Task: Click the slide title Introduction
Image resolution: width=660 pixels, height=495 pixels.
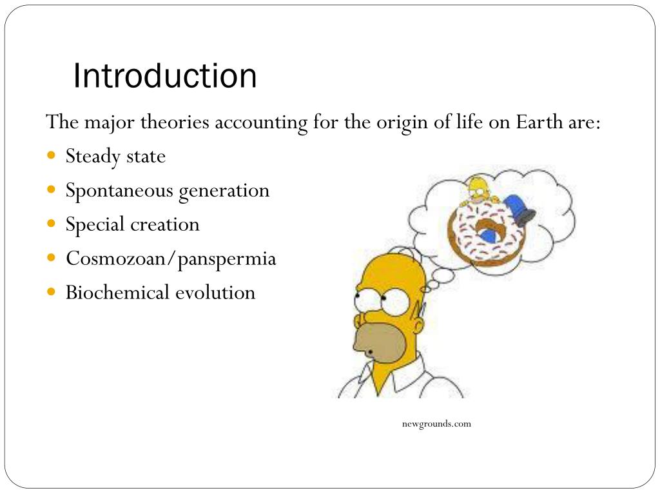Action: pyautogui.click(x=165, y=76)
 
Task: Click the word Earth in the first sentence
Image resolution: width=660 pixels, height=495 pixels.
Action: pyautogui.click(x=539, y=122)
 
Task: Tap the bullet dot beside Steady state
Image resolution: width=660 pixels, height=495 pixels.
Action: pyautogui.click(x=52, y=156)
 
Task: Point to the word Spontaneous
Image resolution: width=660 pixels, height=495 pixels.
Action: pyautogui.click(x=119, y=191)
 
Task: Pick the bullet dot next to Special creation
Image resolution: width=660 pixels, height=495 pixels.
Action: pyautogui.click(x=52, y=224)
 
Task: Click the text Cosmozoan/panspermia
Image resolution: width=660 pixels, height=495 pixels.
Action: pyautogui.click(x=171, y=258)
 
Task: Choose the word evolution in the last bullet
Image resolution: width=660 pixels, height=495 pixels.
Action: pyautogui.click(x=215, y=293)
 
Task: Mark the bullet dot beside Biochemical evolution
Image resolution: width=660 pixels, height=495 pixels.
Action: pyautogui.click(x=52, y=292)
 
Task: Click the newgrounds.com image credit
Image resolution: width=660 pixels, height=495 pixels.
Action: pyautogui.click(x=436, y=423)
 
